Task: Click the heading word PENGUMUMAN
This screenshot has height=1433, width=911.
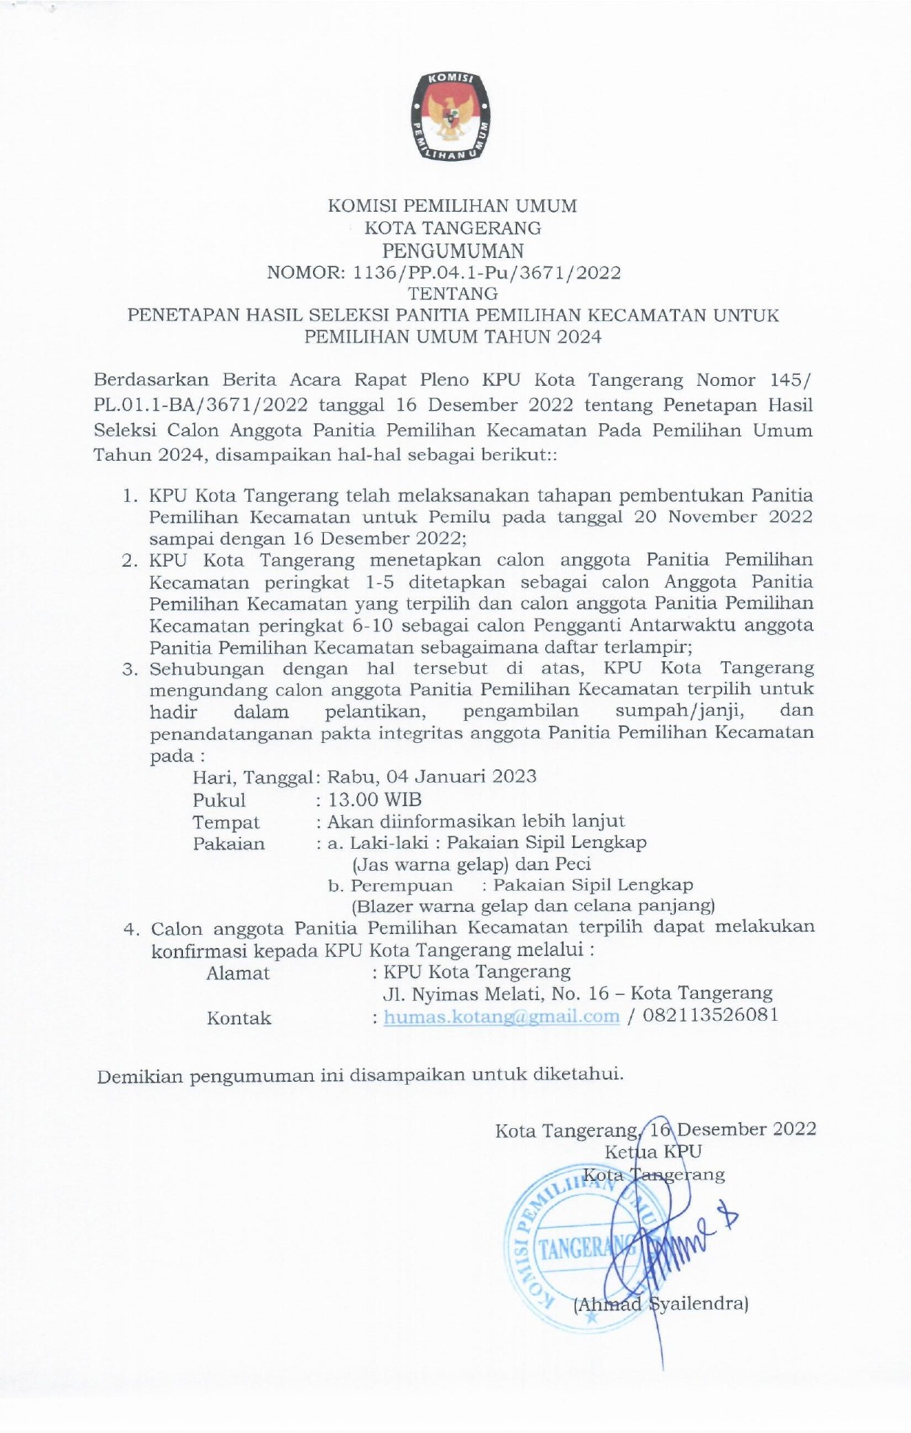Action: click(x=453, y=251)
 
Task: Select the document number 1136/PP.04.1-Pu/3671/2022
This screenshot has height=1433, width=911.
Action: click(x=487, y=273)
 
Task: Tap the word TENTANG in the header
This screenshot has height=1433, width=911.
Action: click(x=453, y=294)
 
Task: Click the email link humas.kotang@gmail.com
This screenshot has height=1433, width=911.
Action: click(x=502, y=1016)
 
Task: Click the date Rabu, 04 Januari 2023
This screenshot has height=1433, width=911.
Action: click(x=432, y=777)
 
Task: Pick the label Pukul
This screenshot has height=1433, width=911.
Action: click(x=219, y=800)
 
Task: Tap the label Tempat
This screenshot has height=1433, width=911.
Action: click(x=226, y=822)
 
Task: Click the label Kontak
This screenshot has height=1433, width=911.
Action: click(x=239, y=1019)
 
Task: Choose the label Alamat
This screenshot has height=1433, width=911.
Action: click(x=238, y=974)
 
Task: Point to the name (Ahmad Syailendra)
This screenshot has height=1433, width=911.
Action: click(x=660, y=1304)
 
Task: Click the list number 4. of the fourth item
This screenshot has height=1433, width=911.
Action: click(x=132, y=930)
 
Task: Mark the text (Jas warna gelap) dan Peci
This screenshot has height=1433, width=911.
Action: click(x=472, y=864)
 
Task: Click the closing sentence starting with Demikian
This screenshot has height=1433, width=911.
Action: click(x=360, y=1076)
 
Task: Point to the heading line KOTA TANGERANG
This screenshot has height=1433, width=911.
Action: click(x=453, y=229)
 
